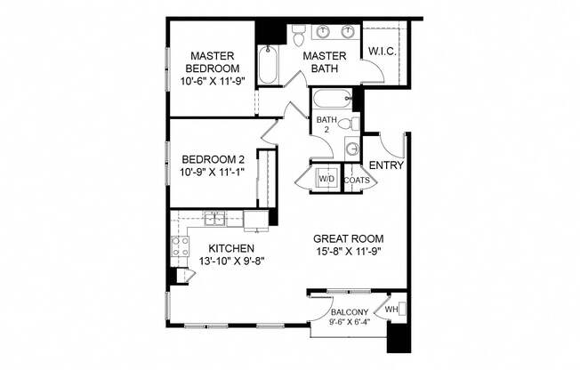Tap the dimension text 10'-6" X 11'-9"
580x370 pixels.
tap(213, 81)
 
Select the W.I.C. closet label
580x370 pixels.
tap(383, 50)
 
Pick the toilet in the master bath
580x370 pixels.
tap(299, 35)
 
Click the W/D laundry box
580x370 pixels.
tap(326, 179)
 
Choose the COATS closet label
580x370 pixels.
tap(357, 181)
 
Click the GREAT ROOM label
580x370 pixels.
tap(349, 238)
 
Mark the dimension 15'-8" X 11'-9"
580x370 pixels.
tap(349, 253)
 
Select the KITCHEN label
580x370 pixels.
tap(231, 248)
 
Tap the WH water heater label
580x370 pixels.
tap(391, 310)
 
